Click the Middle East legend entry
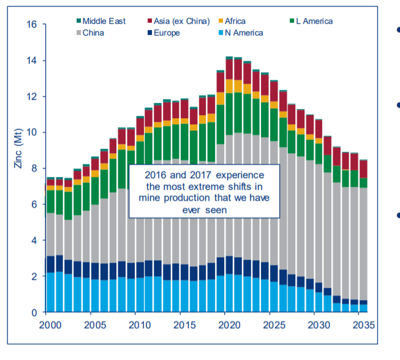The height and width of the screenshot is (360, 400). point(104,21)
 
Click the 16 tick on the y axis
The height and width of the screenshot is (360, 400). point(32,25)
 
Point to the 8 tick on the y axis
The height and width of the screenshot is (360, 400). point(34,169)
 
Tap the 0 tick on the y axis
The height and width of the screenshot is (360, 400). point(34,312)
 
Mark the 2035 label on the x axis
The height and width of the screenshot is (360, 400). point(364,324)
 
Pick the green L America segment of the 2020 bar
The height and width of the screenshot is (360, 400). point(229,113)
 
